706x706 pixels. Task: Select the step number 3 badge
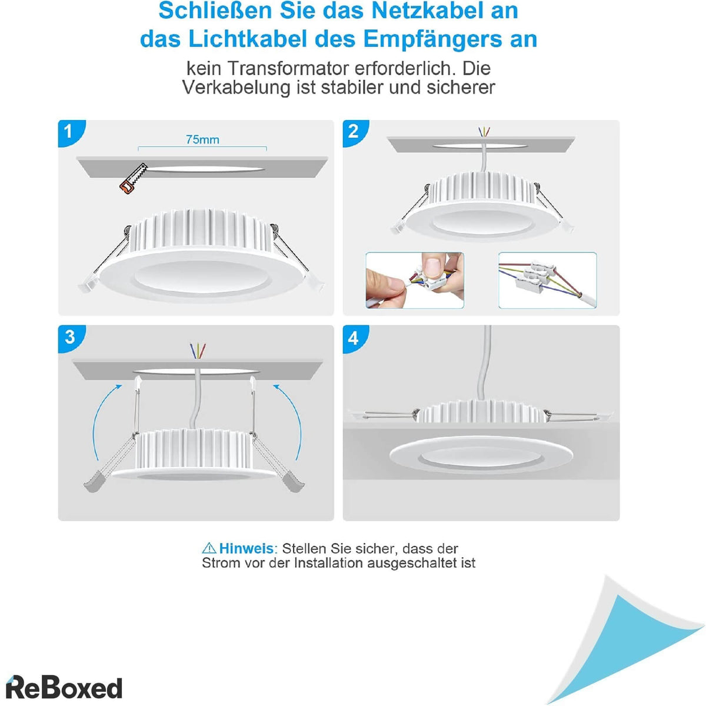(x=70, y=337)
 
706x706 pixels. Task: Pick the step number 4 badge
(x=354, y=338)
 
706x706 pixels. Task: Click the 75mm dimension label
(x=202, y=139)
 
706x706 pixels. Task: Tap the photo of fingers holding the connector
(x=415, y=280)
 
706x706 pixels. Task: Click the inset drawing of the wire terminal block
(x=547, y=280)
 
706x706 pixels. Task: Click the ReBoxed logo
(x=64, y=688)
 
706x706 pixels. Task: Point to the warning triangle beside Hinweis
(x=209, y=548)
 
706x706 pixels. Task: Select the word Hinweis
(x=246, y=548)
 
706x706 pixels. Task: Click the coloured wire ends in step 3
(x=198, y=351)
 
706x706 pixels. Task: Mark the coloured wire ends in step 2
(x=484, y=131)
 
